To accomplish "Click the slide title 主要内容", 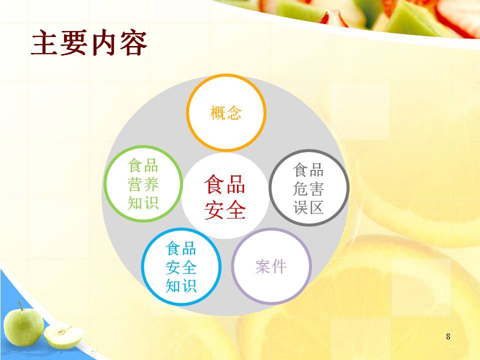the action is point(89,42).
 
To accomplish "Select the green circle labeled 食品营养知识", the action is point(104,183).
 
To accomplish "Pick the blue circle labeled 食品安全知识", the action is point(142,266).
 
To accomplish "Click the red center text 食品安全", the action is point(225,197).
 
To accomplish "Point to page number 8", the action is point(448,336).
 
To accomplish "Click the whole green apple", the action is point(23,327).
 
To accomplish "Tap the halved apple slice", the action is point(63,336).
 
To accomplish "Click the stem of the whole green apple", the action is point(20,305).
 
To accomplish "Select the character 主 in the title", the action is point(44,43).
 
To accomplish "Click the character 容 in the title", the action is point(134,43).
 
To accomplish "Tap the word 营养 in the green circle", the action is point(143,184).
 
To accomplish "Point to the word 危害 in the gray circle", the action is point(308,188).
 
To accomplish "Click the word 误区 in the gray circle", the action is point(308,207).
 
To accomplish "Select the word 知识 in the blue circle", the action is point(181,285).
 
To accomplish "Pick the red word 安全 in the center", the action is point(225,209).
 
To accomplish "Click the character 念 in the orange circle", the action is point(234,112).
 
